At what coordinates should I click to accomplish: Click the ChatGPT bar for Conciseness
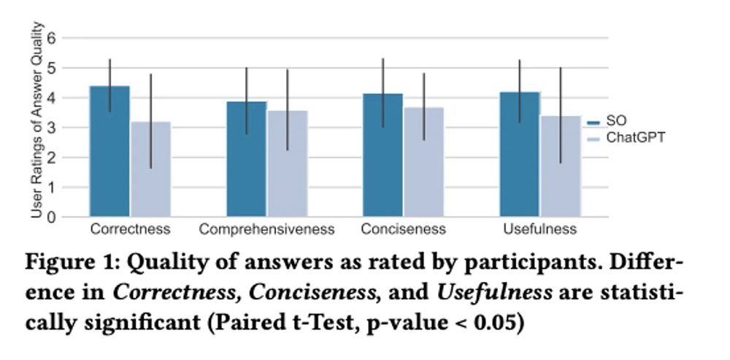pyautogui.click(x=423, y=162)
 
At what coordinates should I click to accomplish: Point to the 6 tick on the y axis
pyautogui.click(x=50, y=38)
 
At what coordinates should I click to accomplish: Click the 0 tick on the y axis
pyautogui.click(x=50, y=217)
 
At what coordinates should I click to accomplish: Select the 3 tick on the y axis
pyautogui.click(x=50, y=128)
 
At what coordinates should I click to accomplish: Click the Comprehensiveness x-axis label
pyautogui.click(x=266, y=230)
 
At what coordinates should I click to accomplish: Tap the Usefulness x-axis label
pyautogui.click(x=539, y=230)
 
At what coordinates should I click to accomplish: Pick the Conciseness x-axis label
pyautogui.click(x=403, y=230)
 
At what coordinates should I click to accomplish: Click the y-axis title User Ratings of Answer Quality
pyautogui.click(x=36, y=120)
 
